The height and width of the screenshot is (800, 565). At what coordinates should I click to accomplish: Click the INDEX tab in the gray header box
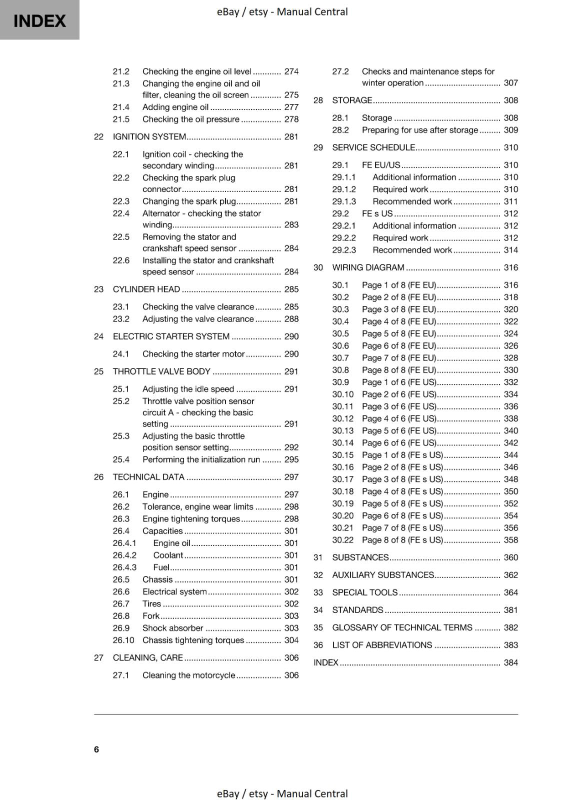click(39, 20)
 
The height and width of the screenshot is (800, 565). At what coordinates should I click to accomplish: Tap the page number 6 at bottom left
click(96, 749)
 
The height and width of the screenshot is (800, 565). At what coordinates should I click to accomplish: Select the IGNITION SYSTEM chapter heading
click(149, 136)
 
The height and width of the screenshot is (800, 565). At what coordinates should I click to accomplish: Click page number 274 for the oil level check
click(291, 71)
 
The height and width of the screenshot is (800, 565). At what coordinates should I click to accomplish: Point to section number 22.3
click(121, 201)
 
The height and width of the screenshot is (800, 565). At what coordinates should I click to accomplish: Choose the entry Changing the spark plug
click(189, 201)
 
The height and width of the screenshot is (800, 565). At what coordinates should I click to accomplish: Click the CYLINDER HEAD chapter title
click(146, 289)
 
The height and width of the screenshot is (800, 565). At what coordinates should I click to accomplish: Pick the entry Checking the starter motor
click(193, 354)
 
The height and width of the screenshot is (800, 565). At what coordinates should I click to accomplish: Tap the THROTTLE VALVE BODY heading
click(161, 371)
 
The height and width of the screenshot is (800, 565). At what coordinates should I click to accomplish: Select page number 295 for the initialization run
click(291, 459)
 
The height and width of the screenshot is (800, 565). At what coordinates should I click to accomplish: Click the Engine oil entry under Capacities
click(171, 543)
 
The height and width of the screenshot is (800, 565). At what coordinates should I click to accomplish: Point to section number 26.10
click(123, 640)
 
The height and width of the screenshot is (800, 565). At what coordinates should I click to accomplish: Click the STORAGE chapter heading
click(352, 100)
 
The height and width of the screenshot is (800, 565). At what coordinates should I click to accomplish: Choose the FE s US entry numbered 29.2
click(377, 213)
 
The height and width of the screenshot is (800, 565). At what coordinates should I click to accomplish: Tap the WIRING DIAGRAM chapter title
click(368, 267)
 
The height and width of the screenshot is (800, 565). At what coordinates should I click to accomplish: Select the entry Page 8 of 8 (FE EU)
click(398, 370)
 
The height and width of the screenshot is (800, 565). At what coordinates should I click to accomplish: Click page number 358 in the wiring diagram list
click(510, 540)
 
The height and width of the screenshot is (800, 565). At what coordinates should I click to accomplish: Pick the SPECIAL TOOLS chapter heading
click(365, 592)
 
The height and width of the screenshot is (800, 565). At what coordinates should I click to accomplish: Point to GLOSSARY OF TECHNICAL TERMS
click(402, 627)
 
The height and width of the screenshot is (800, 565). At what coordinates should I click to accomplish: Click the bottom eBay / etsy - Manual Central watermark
click(282, 793)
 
